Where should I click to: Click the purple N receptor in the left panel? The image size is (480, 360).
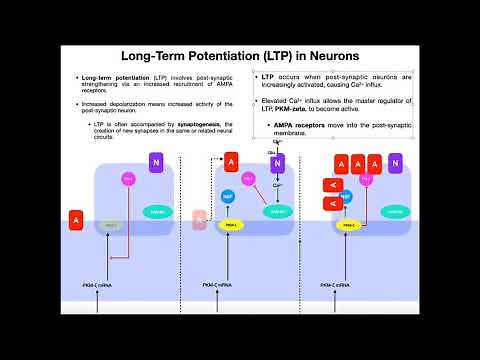155,161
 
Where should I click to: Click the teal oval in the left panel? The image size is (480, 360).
157,211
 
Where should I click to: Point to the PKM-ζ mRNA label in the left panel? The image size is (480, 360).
99,286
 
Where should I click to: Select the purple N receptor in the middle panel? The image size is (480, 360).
279,161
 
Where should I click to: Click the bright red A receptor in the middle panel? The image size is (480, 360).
231,161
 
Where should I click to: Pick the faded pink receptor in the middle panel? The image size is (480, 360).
200,219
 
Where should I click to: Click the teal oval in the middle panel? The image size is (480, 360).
279,211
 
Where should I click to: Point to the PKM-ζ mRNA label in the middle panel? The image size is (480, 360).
219,286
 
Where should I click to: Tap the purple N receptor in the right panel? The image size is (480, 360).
395,161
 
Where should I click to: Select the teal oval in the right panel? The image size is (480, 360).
393,211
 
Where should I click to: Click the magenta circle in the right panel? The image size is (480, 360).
365,179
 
